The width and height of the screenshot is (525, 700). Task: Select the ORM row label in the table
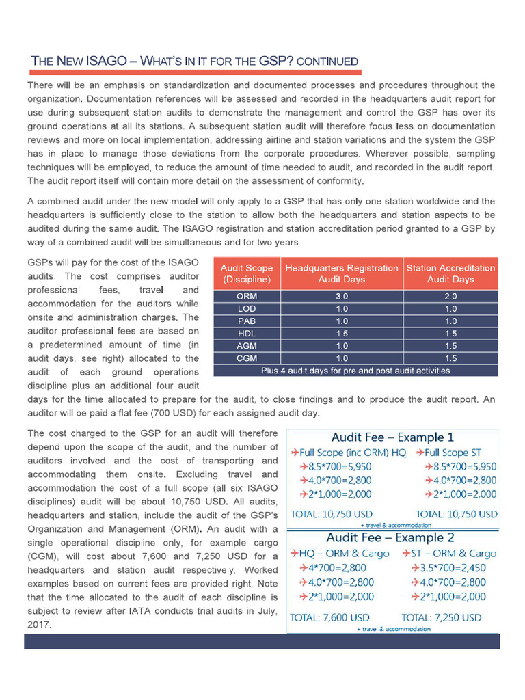(246, 297)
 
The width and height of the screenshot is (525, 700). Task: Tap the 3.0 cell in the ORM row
(342, 297)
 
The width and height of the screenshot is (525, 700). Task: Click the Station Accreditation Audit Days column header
(450, 273)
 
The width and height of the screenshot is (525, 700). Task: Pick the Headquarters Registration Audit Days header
(342, 273)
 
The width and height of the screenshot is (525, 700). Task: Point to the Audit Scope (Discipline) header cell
(246, 273)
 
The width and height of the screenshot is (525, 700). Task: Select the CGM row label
(246, 358)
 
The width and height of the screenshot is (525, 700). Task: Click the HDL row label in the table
(246, 334)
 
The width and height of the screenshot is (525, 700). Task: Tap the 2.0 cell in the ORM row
(450, 297)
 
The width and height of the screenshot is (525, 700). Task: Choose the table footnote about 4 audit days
(355, 371)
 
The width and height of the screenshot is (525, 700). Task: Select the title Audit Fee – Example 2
(392, 537)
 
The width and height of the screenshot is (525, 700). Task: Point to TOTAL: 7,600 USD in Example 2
(332, 617)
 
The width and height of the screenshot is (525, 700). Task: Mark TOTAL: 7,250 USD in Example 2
(441, 617)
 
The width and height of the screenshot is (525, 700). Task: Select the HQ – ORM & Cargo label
(338, 553)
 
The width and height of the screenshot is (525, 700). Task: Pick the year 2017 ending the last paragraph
(39, 625)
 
